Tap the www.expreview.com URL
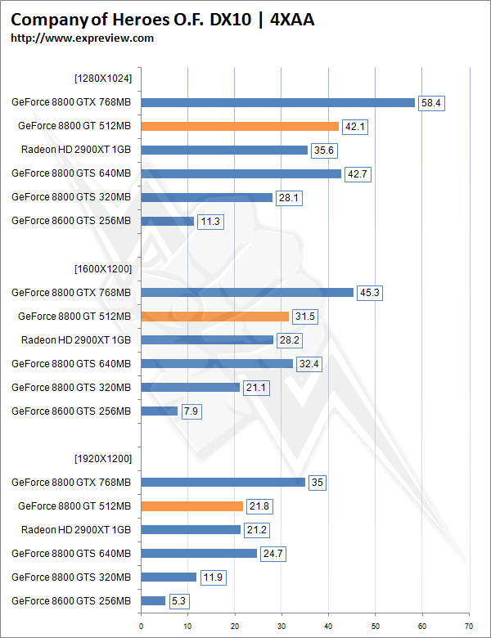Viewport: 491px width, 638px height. [x=82, y=38]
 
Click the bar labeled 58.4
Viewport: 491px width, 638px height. [x=278, y=102]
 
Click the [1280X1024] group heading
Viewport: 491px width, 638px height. [x=103, y=79]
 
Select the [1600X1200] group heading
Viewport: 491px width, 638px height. [x=103, y=268]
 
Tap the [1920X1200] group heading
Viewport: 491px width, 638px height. [x=103, y=458]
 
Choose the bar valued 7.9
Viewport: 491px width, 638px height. [x=160, y=411]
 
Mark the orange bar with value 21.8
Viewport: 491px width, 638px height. [x=192, y=505]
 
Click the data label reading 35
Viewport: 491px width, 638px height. [x=317, y=483]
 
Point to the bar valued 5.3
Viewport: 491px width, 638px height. [x=153, y=600]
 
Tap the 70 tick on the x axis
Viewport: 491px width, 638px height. [x=469, y=627]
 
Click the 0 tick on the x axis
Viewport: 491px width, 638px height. [x=142, y=627]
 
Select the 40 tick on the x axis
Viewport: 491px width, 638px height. [x=329, y=627]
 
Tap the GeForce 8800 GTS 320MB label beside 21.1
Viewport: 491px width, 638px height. [x=71, y=387]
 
